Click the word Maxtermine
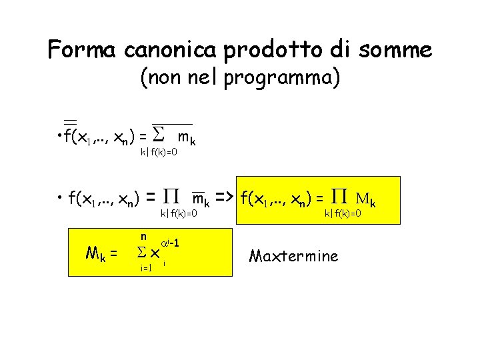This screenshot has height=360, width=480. pyautogui.click(x=293, y=256)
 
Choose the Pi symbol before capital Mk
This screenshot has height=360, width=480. pyautogui.click(x=339, y=197)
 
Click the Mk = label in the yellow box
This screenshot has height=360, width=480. pyautogui.click(x=102, y=253)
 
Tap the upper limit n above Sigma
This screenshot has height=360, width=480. pyautogui.click(x=143, y=236)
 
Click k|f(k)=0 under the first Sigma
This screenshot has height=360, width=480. pyautogui.click(x=159, y=153)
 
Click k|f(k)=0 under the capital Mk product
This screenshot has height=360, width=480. pyautogui.click(x=343, y=213)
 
